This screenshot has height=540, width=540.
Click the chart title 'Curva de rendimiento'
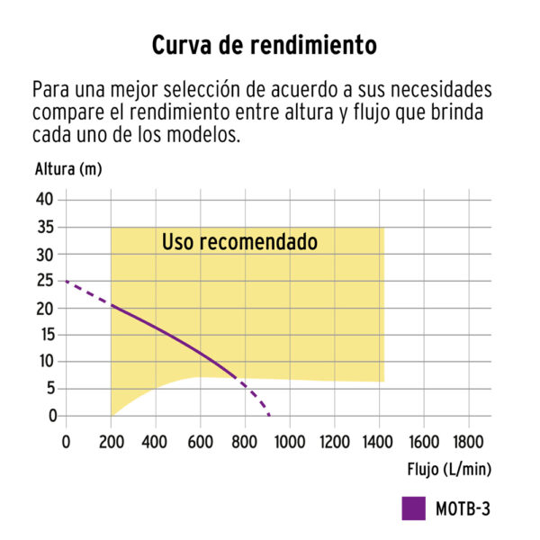[x=262, y=45]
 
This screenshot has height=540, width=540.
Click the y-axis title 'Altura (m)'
[x=67, y=169]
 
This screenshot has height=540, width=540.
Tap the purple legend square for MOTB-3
[x=413, y=508]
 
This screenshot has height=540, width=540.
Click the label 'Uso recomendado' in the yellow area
[x=239, y=243]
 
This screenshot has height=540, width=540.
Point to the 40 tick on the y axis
[x=46, y=199]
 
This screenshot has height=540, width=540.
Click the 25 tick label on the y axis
[x=46, y=281]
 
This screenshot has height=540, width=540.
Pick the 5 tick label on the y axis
[x=50, y=389]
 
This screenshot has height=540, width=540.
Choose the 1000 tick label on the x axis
[x=290, y=441]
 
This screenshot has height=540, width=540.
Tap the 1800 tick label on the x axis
[x=469, y=441]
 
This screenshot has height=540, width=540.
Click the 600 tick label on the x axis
[x=200, y=441]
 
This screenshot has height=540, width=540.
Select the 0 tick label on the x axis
[x=66, y=441]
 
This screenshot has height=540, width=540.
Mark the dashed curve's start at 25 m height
[x=67, y=281]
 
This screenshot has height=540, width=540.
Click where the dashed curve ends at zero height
[x=269, y=415]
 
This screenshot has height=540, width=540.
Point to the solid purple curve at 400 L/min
[x=156, y=327]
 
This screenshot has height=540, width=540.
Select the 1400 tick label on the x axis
[x=379, y=441]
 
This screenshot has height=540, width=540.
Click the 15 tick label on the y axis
[x=46, y=335]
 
